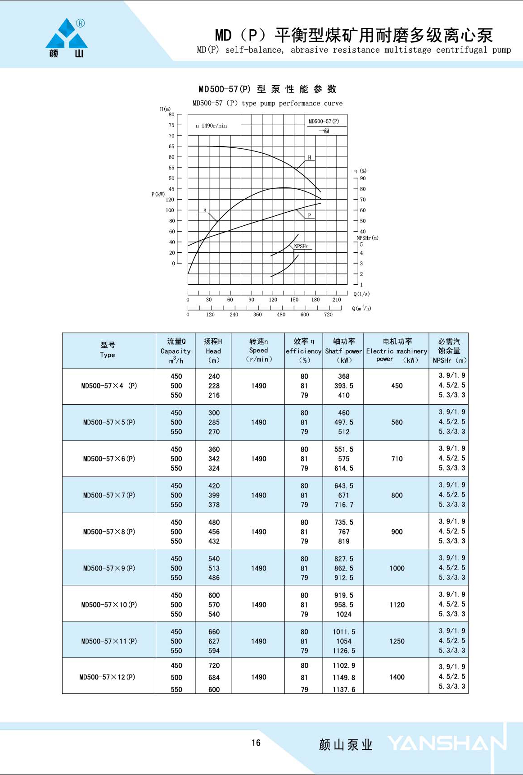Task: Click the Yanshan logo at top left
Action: (67, 38)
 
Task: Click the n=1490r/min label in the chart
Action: (211, 126)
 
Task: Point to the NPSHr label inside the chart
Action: (301, 246)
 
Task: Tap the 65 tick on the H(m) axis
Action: (171, 146)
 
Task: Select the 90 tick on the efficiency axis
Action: (363, 178)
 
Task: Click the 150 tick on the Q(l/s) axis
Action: (294, 300)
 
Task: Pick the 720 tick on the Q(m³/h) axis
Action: (328, 315)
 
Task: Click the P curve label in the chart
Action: (309, 215)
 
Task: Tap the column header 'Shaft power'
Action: (343, 351)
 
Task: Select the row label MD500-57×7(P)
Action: (109, 495)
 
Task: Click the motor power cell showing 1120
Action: (397, 605)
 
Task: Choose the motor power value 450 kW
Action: (397, 386)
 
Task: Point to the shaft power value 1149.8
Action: (343, 677)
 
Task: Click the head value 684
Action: (214, 677)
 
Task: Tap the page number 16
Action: (256, 743)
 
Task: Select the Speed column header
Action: (258, 351)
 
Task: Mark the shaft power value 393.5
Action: (343, 386)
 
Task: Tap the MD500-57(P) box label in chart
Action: (324, 121)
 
